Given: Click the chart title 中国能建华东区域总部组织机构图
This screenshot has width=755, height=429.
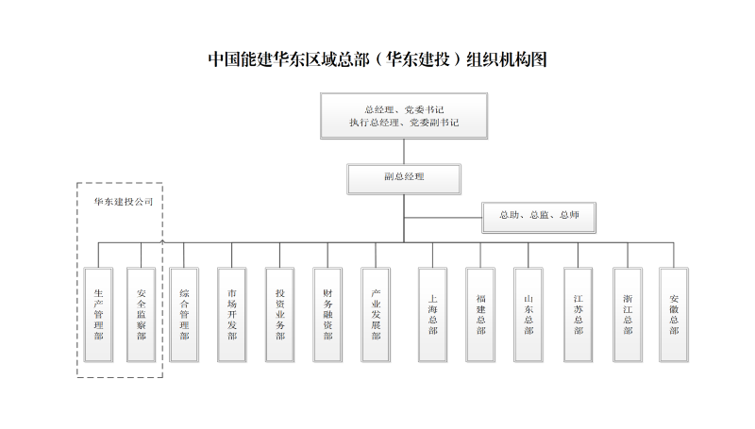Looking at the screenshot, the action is pyautogui.click(x=377, y=59).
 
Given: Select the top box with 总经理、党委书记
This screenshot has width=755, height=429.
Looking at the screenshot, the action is pyautogui.click(x=404, y=116).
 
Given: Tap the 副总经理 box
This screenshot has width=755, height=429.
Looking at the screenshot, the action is pyautogui.click(x=404, y=179).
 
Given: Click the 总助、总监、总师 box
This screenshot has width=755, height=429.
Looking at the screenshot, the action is pyautogui.click(x=539, y=218).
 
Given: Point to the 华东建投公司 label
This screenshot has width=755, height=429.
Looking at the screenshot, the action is pyautogui.click(x=124, y=202).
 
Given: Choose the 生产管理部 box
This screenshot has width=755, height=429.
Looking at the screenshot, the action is pyautogui.click(x=99, y=315).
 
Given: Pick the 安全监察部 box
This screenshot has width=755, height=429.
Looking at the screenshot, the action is pyautogui.click(x=141, y=315).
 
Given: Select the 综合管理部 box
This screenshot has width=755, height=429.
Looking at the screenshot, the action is pyautogui.click(x=184, y=315).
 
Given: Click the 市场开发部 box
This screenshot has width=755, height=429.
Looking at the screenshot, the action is pyautogui.click(x=231, y=315).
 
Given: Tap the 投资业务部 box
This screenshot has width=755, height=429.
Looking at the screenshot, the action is pyautogui.click(x=279, y=315).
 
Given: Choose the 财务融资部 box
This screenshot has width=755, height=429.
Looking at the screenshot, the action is pyautogui.click(x=327, y=315).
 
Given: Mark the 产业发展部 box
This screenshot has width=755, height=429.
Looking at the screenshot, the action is pyautogui.click(x=376, y=315).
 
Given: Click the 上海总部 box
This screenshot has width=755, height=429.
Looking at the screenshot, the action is pyautogui.click(x=432, y=315).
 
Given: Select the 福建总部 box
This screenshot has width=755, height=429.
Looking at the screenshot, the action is pyautogui.click(x=480, y=315).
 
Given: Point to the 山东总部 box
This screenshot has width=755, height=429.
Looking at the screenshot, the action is pyautogui.click(x=528, y=315).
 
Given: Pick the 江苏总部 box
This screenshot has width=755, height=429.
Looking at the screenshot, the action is pyautogui.click(x=579, y=315).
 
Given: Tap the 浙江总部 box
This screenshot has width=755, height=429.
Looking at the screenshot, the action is pyautogui.click(x=628, y=315).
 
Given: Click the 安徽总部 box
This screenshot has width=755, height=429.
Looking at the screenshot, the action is pyautogui.click(x=674, y=315).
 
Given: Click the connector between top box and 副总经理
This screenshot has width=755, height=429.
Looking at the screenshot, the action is pyautogui.click(x=404, y=152).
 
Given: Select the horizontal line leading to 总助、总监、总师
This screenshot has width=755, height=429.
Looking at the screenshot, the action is pyautogui.click(x=443, y=218).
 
